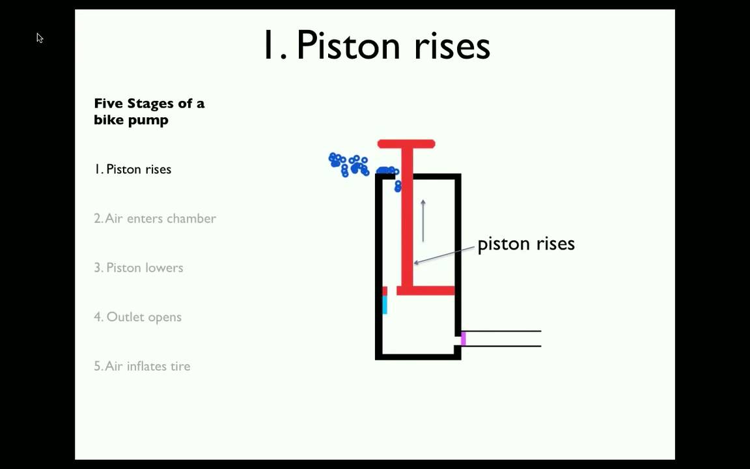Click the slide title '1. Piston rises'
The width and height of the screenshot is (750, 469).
coord(376,45)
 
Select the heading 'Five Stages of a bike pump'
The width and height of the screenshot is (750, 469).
coord(149,111)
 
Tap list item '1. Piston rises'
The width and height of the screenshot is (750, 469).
coord(133,169)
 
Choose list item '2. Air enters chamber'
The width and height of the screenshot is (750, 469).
coord(155,218)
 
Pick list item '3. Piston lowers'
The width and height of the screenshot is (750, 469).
coord(139,268)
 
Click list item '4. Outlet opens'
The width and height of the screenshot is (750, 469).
coord(137,317)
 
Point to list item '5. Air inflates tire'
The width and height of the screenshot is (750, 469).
coord(142,366)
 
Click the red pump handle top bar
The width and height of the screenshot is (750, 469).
coord(406,144)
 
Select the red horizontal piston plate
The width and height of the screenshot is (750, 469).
coord(426,291)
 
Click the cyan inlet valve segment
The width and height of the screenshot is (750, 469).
coord(385,305)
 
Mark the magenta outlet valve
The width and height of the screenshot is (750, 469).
coord(463,339)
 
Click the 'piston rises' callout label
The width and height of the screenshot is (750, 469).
coord(526,244)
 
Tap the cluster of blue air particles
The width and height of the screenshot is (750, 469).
coord(350,165)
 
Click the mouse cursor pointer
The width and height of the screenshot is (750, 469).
coord(39,38)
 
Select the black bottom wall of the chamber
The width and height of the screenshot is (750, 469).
coord(418,356)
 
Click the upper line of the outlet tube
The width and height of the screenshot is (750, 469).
coord(501,332)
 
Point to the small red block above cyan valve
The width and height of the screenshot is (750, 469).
coord(385,291)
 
